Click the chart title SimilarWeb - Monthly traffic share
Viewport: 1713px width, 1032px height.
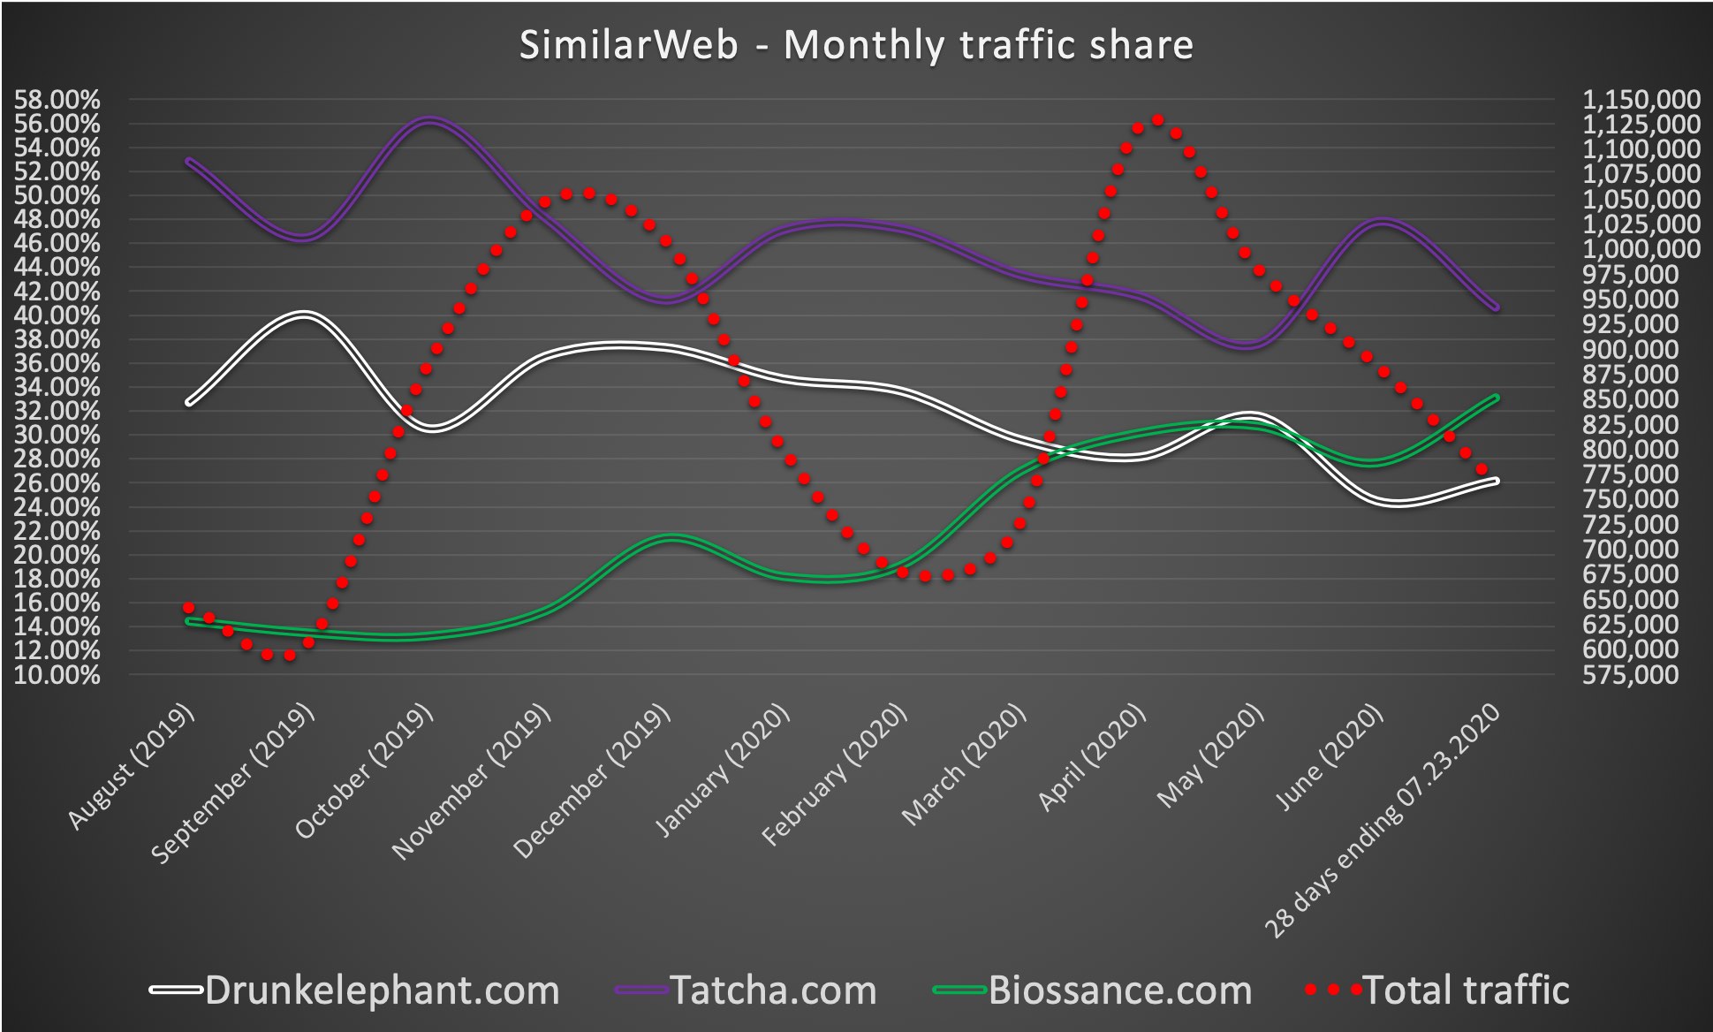click(x=855, y=45)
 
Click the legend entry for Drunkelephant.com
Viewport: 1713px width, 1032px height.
click(x=382, y=990)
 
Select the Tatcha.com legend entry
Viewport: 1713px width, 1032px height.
click(x=773, y=990)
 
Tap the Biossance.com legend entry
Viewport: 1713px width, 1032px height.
click(x=1119, y=990)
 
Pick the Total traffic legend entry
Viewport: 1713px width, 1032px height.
click(x=1466, y=990)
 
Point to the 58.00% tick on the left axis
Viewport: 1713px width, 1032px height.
click(x=57, y=100)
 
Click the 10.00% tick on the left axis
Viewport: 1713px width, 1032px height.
click(x=57, y=675)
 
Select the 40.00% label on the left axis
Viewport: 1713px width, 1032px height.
click(x=57, y=315)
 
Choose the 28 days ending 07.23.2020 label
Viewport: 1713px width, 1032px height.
click(x=1383, y=821)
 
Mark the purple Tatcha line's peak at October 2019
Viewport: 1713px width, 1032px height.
click(x=429, y=120)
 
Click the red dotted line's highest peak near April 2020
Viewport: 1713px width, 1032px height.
click(x=1157, y=119)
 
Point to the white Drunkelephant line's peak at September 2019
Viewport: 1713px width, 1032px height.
click(x=303, y=315)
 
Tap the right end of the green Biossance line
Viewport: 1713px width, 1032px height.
click(x=1496, y=398)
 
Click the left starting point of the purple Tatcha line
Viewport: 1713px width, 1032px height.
click(x=188, y=161)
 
